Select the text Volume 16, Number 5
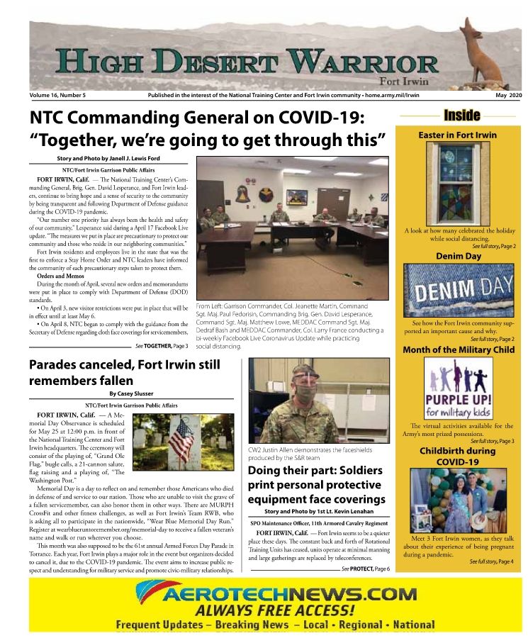point(57,94)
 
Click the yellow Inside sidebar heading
point(461,116)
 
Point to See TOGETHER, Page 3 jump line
point(162,346)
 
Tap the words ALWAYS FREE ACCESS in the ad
point(275,610)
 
